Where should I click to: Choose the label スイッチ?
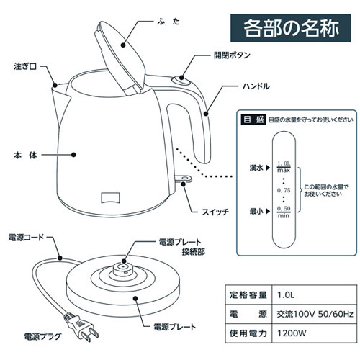coord(217,212)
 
